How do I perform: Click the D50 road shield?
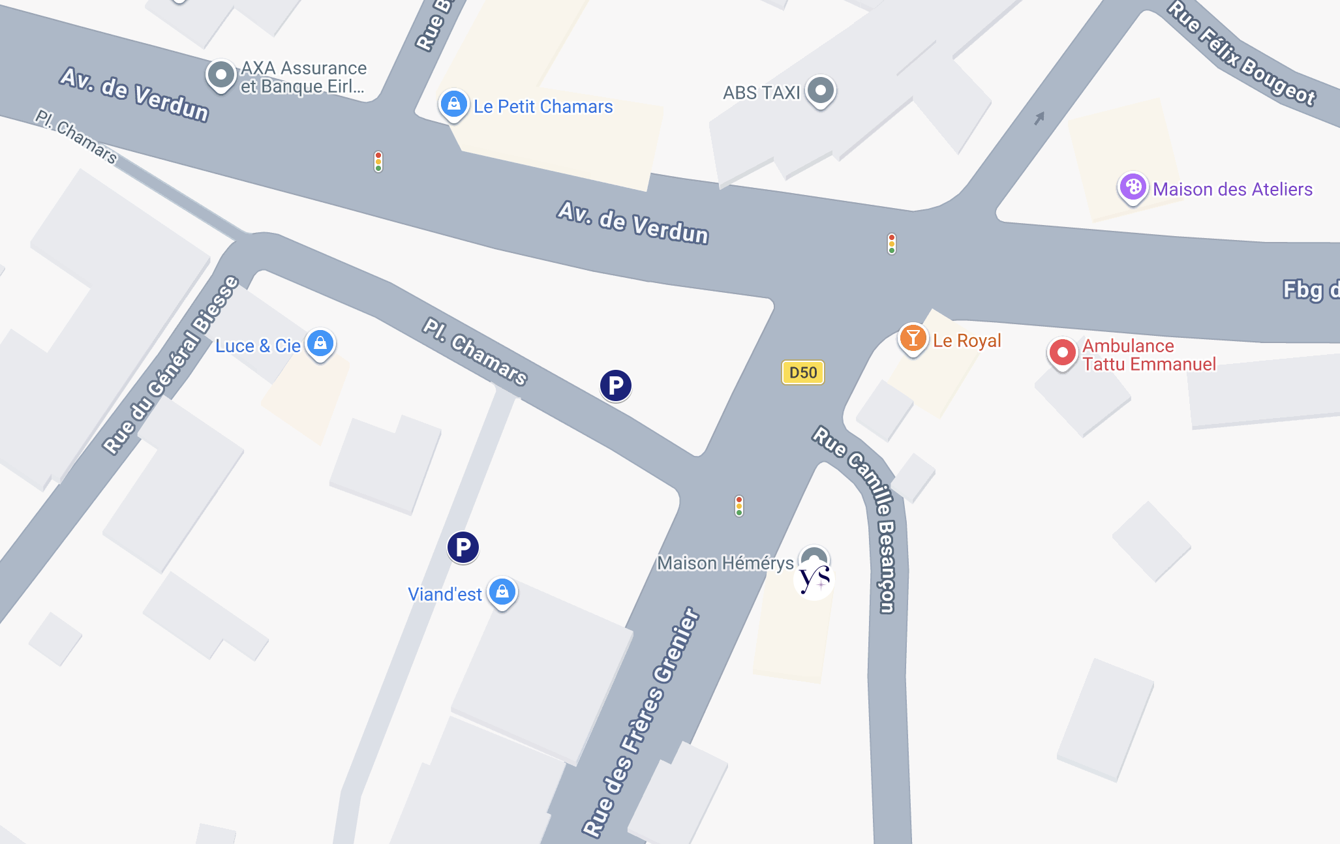pos(803,372)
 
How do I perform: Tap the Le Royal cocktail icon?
pos(913,338)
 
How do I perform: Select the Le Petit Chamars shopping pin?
pos(453,103)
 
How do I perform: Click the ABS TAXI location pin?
pos(821,90)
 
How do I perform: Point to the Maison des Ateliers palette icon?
pos(1133,187)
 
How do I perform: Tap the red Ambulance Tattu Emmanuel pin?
pos(1062,353)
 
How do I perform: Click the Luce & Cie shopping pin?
pos(320,342)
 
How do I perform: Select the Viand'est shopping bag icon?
pos(502,592)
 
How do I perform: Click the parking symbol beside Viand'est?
pos(463,547)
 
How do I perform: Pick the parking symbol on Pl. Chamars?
pos(615,385)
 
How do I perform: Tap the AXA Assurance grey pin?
pos(221,74)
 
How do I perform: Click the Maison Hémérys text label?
pos(725,563)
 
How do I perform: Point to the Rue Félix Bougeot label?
pos(1241,53)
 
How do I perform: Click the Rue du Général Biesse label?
pos(171,365)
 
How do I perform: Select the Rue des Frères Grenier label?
pos(641,722)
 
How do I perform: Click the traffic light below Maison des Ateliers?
pos(892,243)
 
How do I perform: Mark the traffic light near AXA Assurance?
pos(378,161)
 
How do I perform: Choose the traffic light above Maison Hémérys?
pos(739,505)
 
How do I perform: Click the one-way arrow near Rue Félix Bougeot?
pos(1039,118)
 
